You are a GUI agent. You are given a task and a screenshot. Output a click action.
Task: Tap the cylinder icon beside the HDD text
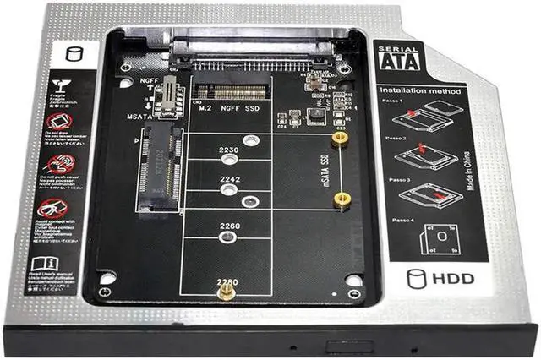click(415, 278)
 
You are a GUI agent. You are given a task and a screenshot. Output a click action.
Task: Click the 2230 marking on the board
click(229, 150)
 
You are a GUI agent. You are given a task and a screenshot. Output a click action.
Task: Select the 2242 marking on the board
click(229, 179)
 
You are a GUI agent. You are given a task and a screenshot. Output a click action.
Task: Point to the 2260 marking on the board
click(229, 226)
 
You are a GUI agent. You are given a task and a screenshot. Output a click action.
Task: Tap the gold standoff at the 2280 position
click(226, 293)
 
